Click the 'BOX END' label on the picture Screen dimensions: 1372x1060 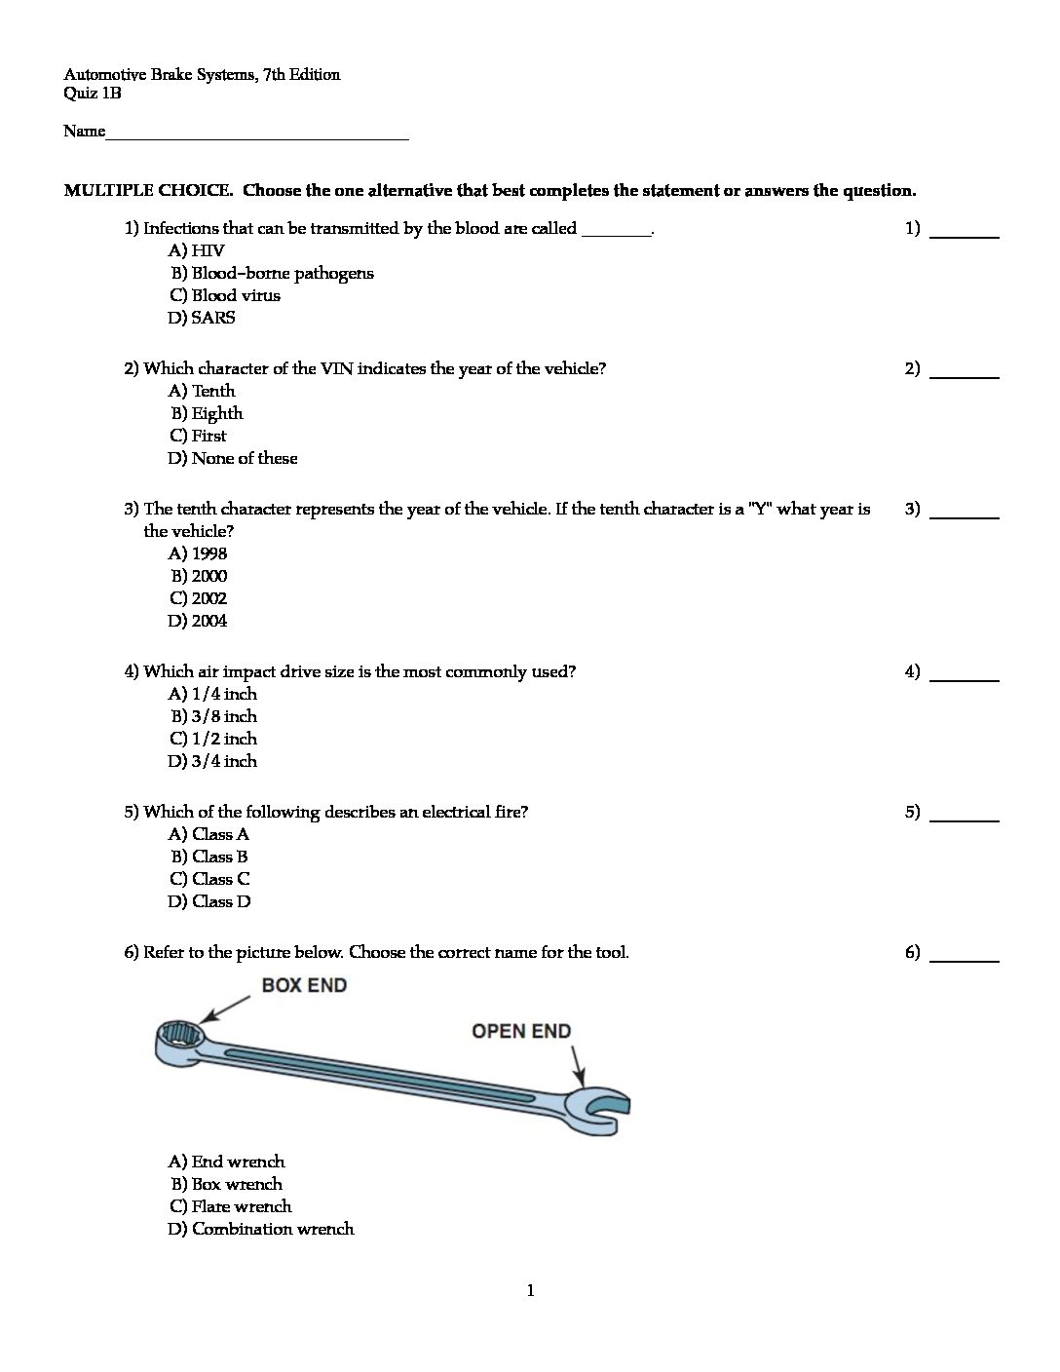click(x=304, y=986)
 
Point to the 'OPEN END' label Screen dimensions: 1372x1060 click(x=521, y=1031)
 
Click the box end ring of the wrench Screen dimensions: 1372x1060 click(x=179, y=1036)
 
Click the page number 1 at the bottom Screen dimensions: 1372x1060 click(x=530, y=1292)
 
